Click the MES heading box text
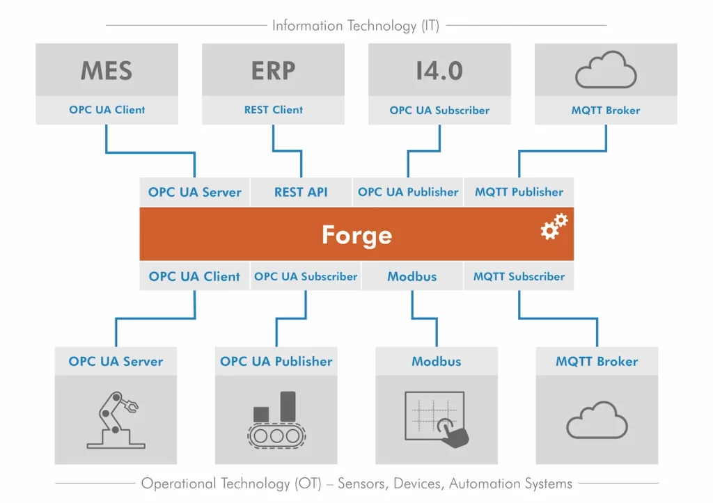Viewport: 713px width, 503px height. [x=107, y=70]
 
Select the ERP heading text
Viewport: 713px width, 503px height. [x=273, y=70]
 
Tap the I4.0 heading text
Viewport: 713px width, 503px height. [x=439, y=70]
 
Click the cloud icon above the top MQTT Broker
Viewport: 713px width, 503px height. [x=606, y=71]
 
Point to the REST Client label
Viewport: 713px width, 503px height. [x=273, y=110]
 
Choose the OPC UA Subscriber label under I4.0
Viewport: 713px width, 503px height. [x=439, y=110]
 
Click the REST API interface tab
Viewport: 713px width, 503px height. [x=301, y=192]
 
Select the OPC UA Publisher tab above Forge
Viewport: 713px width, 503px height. [x=408, y=192]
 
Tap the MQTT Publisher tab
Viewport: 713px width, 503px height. [x=519, y=192]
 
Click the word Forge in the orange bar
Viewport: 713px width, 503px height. [x=356, y=234]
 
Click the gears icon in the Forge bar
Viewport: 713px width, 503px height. [x=554, y=227]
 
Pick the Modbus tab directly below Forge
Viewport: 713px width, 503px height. [x=412, y=276]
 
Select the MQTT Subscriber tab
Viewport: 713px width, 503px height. [x=519, y=276]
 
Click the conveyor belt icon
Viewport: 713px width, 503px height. [x=276, y=419]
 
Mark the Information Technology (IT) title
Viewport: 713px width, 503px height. [x=355, y=26]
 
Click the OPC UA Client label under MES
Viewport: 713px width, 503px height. [x=107, y=110]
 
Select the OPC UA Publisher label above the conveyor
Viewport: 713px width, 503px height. [x=276, y=362]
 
